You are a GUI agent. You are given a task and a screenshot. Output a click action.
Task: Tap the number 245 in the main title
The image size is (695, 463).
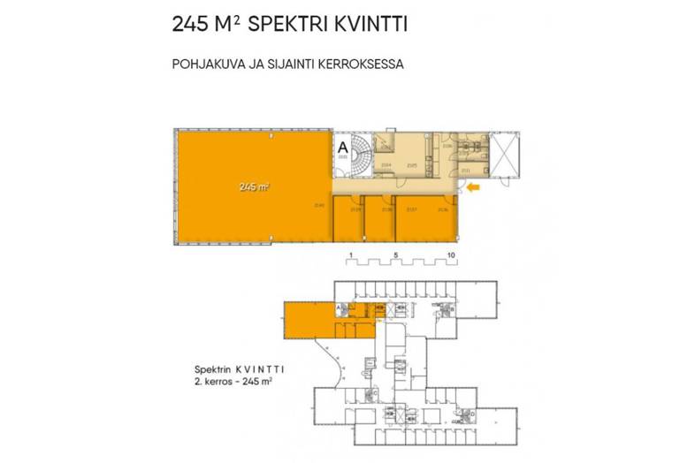[x=193, y=25]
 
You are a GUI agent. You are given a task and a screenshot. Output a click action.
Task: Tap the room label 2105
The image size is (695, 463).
[x=411, y=165]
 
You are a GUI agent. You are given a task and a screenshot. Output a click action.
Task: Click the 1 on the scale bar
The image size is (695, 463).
[x=350, y=254]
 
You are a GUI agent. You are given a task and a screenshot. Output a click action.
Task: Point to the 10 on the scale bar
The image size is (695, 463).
[x=450, y=254]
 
